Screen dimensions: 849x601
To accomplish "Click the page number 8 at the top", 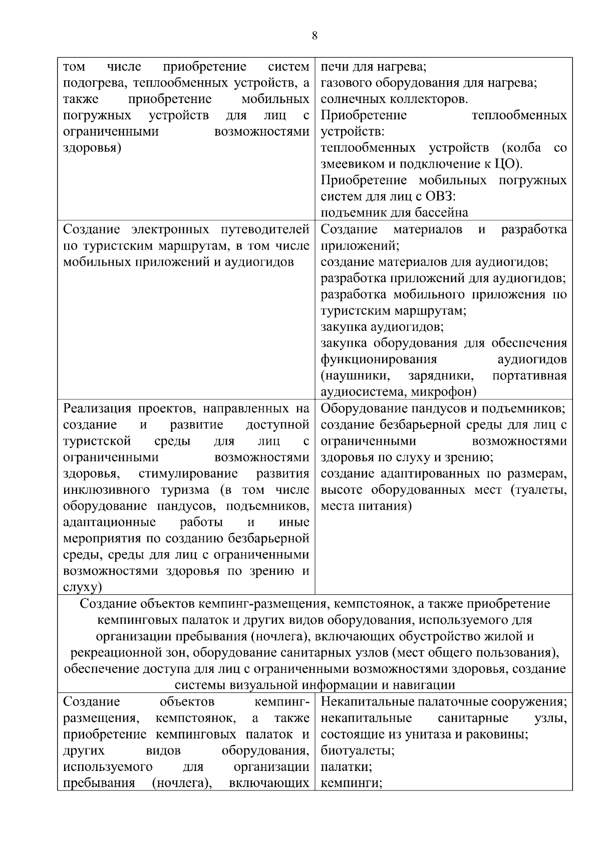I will pyautogui.click(x=314, y=36).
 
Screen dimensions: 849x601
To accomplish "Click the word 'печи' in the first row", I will pyautogui.click(x=333, y=67).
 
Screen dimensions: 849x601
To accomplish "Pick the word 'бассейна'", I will pyautogui.click(x=440, y=213).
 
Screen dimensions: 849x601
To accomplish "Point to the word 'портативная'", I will pyautogui.click(x=529, y=376).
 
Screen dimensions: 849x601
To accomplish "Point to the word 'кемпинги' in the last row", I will pyautogui.click(x=351, y=783).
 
